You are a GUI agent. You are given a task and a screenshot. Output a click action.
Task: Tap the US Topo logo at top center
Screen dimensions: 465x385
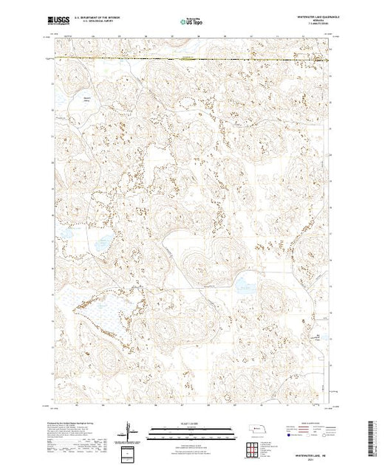(x=192, y=23)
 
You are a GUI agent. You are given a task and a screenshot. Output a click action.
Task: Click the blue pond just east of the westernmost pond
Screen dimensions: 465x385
(x=102, y=241)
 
